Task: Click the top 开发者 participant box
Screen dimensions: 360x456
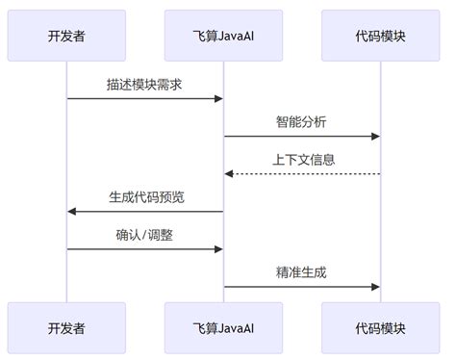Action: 66,36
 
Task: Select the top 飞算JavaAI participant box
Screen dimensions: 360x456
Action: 223,36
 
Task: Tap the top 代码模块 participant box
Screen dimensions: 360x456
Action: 380,36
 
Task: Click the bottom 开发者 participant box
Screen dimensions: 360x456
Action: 66,327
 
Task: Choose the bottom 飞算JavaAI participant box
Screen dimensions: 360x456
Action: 223,327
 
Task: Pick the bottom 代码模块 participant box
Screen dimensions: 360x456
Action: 380,327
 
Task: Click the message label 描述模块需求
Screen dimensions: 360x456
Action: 145,84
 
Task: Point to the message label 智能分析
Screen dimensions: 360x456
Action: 302,121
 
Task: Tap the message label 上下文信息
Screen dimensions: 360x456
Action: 302,159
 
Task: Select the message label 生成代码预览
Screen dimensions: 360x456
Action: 145,196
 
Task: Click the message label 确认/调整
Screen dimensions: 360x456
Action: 145,234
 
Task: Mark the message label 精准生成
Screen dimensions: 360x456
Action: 302,271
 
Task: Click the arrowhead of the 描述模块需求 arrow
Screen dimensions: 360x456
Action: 218,98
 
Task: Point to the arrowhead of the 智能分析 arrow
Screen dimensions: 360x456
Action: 375,136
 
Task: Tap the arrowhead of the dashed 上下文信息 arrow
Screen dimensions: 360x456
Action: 229,173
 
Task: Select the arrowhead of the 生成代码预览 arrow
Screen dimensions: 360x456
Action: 72,211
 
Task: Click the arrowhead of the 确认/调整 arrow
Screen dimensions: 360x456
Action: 218,248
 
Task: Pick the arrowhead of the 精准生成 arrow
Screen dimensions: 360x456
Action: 375,286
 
